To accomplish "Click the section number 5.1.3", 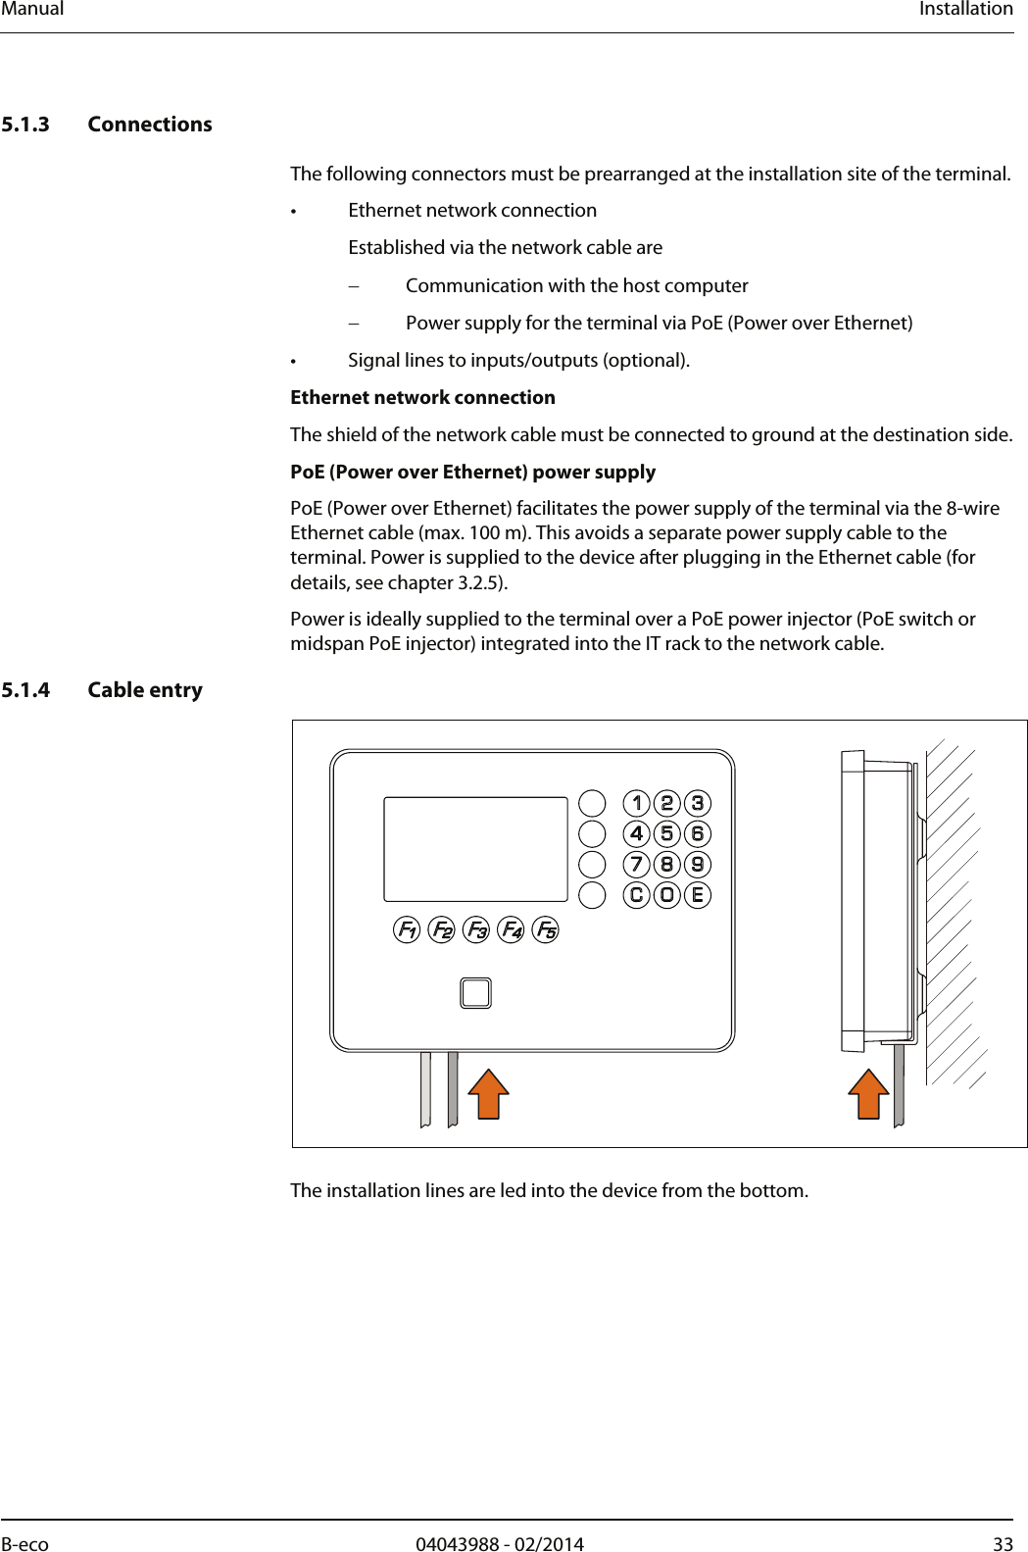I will click(25, 125).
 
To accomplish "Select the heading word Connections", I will click(149, 125).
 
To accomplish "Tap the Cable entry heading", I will click(144, 690).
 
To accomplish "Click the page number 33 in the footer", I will click(1003, 1544).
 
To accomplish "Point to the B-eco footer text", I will click(24, 1544).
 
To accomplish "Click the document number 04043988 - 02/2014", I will click(499, 1544).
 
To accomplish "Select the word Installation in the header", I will click(965, 9).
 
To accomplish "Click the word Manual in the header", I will click(32, 9).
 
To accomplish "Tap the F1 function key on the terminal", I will click(407, 929).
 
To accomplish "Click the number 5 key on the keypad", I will click(667, 833).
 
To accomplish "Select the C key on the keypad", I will click(637, 894).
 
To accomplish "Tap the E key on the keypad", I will click(698, 894).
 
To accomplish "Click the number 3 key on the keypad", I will click(698, 803).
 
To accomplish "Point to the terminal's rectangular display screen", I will click(475, 849).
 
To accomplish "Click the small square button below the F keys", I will click(475, 993).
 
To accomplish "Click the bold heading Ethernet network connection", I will click(422, 397).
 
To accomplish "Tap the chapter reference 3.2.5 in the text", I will click(479, 582).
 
